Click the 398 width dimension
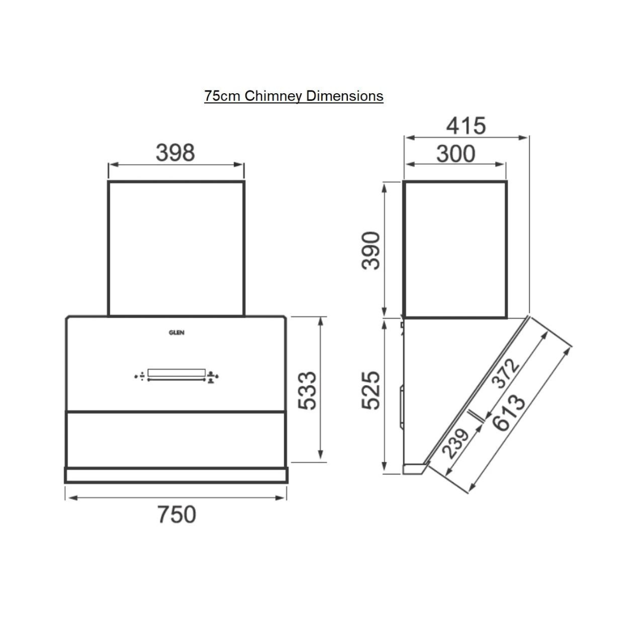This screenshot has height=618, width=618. point(176,153)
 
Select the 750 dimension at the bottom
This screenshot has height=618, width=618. point(177,514)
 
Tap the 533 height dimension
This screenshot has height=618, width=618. point(307,391)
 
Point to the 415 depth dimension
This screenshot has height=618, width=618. point(466,126)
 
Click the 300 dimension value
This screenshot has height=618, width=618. point(455,154)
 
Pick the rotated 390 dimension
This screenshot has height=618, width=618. point(371,251)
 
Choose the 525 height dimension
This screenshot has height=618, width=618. point(371,390)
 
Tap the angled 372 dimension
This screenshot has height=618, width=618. point(506,373)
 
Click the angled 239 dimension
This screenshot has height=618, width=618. point(455,443)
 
